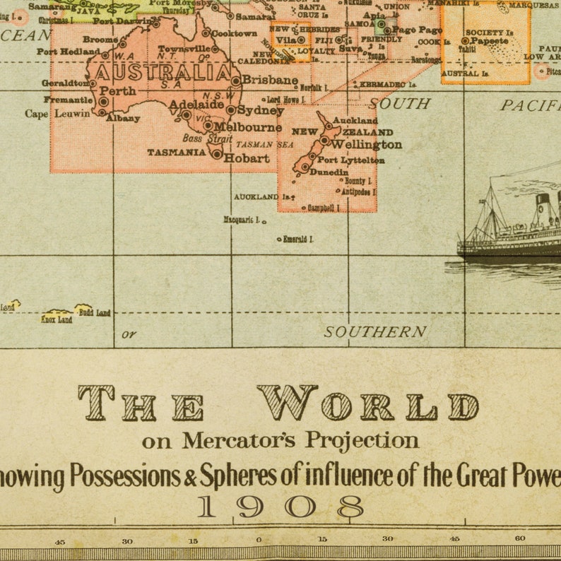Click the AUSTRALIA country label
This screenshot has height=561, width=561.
tap(163, 73)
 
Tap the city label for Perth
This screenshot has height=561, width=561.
tap(117, 91)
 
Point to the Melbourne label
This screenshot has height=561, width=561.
tap(247, 128)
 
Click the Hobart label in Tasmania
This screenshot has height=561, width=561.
tap(247, 158)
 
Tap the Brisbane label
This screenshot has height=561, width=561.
tap(269, 80)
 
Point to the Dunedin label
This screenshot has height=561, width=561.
tap(329, 172)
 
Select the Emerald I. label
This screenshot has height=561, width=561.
tap(297, 240)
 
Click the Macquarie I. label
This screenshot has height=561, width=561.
tap(242, 220)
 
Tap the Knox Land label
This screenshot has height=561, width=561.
tap(57, 319)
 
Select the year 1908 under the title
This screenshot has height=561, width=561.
tap(280, 507)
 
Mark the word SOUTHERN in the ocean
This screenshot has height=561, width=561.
tap(375, 331)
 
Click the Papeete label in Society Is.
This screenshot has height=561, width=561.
tap(489, 41)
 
